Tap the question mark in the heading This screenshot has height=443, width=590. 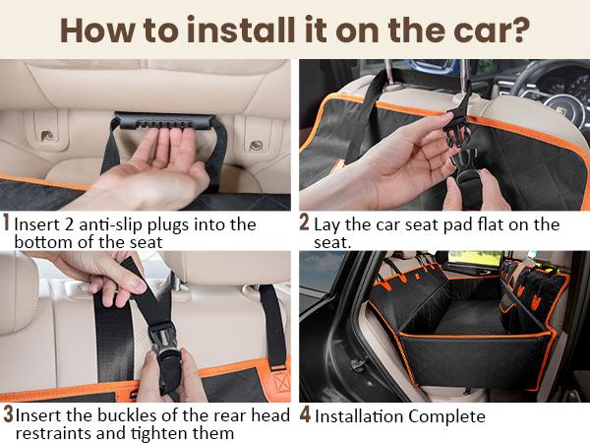point(520,29)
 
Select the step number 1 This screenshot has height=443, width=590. point(7,223)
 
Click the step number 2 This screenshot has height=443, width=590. point(305,223)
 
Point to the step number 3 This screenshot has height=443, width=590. point(8,415)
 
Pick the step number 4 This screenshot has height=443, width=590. point(305,415)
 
